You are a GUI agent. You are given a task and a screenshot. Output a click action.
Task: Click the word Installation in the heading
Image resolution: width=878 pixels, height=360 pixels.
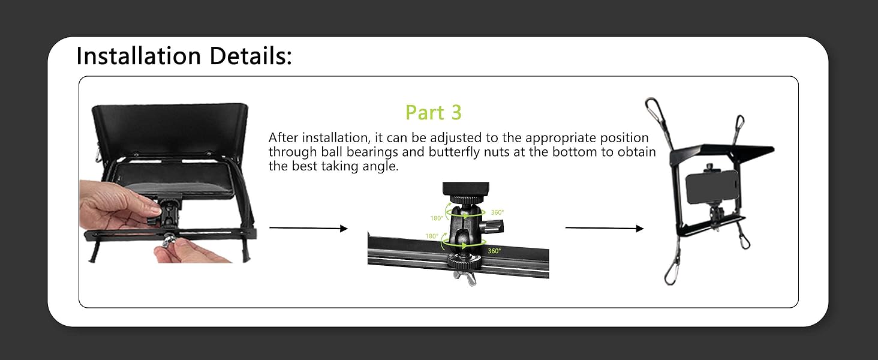139,56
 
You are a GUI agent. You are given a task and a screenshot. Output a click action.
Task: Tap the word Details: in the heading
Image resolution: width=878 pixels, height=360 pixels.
251,56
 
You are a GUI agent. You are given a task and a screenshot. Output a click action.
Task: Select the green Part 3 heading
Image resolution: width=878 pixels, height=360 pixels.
434,113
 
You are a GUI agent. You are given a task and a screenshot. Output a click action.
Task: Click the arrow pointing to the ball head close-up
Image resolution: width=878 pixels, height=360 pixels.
308,228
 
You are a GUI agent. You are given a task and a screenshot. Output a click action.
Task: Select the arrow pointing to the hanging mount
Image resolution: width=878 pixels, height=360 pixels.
605,228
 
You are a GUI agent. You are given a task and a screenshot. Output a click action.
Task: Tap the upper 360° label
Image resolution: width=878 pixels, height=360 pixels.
497,212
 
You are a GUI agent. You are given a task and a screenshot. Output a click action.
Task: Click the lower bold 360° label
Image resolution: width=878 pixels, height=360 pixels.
494,251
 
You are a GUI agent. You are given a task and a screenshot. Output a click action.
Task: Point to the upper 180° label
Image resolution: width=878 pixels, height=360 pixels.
437,218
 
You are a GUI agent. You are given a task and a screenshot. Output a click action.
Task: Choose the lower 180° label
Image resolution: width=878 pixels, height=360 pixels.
432,236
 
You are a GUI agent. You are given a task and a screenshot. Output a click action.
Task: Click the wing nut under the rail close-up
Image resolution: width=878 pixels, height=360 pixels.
465,278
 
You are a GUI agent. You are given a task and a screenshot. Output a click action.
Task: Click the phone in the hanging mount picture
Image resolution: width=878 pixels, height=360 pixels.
711,187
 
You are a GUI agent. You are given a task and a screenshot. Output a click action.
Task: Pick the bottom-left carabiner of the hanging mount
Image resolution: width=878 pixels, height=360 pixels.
672,273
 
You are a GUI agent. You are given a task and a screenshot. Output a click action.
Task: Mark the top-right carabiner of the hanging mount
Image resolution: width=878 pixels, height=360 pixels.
739,125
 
